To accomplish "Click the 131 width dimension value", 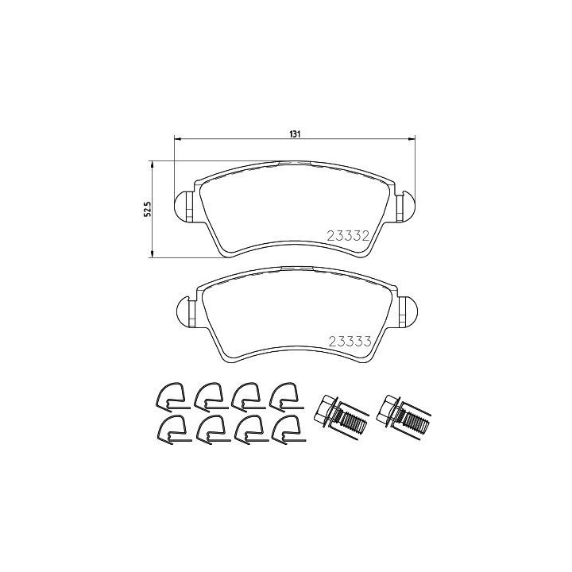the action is coord(295,134).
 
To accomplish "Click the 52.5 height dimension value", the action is coord(148,210).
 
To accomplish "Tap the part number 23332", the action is coord(349,237).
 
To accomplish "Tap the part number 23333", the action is coord(350,342).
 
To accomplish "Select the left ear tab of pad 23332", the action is coord(185,206).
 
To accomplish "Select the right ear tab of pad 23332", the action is coord(406,206).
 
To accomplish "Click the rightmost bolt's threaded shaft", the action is coord(415,423).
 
